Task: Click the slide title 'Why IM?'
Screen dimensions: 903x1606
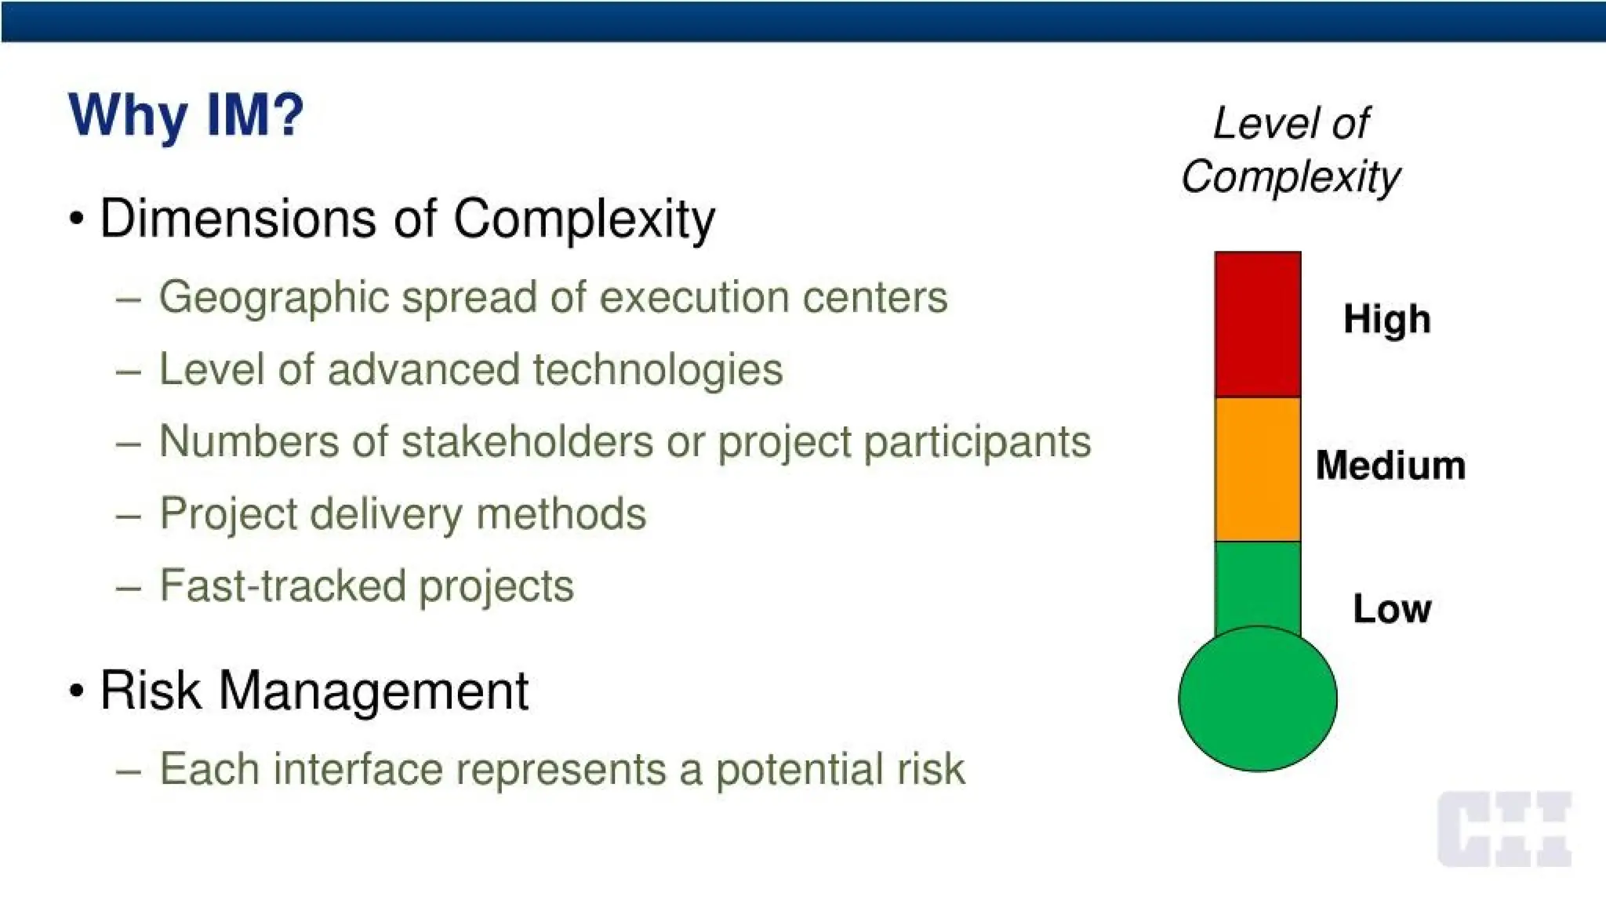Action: (186, 115)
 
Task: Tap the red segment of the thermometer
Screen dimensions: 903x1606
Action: (1257, 324)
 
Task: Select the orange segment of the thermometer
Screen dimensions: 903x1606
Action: (1257, 469)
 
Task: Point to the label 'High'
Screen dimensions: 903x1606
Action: (1386, 319)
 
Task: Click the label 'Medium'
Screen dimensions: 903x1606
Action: (1390, 465)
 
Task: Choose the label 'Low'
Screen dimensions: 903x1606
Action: (1391, 609)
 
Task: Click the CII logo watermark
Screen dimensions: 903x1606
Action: (1504, 829)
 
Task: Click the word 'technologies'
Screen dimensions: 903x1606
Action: (657, 370)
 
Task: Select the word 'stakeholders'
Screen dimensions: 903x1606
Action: (527, 441)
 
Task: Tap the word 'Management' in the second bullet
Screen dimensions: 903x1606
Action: (373, 691)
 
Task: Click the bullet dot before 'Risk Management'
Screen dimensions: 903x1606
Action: (76, 691)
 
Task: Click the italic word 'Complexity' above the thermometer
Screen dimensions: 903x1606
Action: (1290, 176)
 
